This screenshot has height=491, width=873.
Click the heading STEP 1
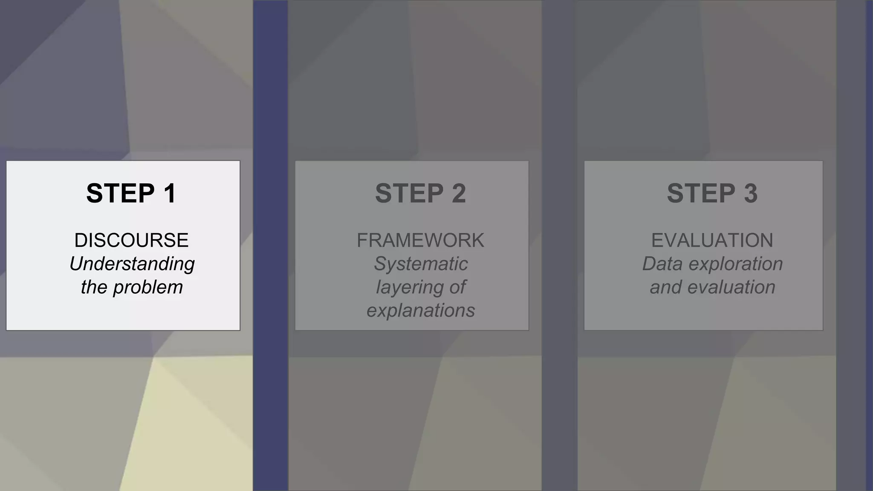131,194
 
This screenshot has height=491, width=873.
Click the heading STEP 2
420,194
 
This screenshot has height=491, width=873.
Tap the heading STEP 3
712,194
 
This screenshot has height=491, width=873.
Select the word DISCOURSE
131,240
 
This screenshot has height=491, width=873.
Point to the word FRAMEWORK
420,240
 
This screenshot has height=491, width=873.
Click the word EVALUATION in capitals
712,240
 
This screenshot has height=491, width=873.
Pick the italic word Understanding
132,264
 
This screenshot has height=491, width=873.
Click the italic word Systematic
421,264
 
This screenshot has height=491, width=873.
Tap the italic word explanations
421,311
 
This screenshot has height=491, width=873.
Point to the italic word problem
147,287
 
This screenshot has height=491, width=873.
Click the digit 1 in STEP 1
170,194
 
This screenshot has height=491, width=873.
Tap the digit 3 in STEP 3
751,194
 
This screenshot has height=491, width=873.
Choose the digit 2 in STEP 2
459,194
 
